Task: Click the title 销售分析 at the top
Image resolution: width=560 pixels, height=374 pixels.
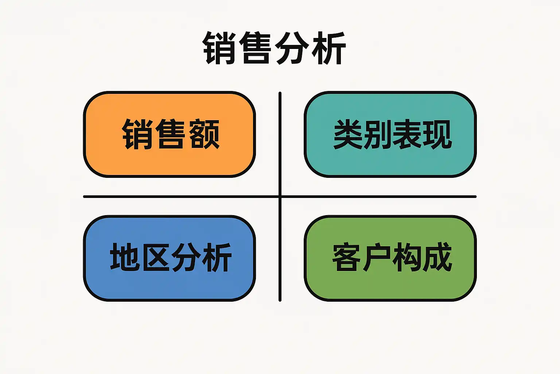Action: pos(274,48)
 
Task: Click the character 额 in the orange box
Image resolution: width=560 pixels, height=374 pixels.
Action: pos(205,134)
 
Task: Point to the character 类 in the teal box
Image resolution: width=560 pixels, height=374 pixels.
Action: pos(348,134)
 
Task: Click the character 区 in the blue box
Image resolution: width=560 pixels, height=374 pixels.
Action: pos(156,257)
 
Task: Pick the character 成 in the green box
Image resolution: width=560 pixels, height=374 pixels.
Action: pos(437,257)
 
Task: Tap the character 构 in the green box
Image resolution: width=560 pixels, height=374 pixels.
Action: pos(407,257)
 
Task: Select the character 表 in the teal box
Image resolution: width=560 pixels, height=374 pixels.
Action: pos(407,134)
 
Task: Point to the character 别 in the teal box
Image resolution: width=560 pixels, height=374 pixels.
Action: pos(378,134)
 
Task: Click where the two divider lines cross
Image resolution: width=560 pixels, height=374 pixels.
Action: pos(280,196)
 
